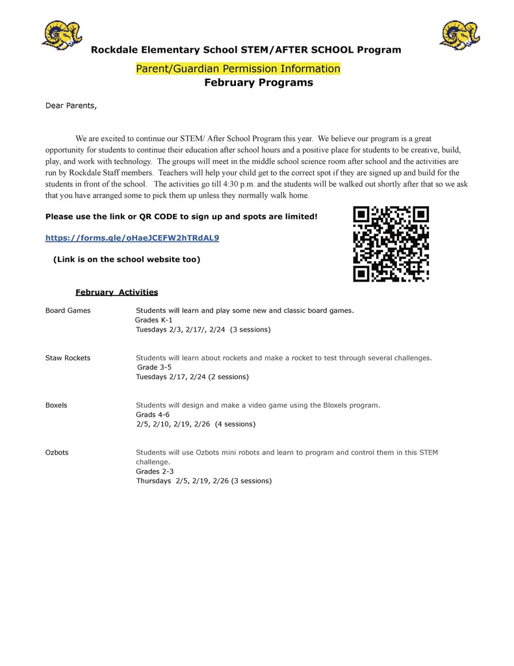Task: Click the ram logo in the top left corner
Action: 62,34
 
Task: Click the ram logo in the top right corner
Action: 459,34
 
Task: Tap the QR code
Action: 391,243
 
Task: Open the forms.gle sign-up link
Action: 132,238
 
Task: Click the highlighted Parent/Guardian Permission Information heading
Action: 238,69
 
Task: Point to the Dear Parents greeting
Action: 71,105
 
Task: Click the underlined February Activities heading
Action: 116,292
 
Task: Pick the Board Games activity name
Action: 68,310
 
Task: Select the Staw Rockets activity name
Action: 68,358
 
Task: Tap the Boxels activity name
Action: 57,405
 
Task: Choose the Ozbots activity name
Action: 57,452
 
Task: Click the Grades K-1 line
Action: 154,320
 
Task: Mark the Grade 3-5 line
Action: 155,367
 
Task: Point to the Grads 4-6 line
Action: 153,414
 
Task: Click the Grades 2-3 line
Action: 155,471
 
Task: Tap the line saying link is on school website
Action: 127,260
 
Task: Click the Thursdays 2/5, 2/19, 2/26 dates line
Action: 203,481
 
